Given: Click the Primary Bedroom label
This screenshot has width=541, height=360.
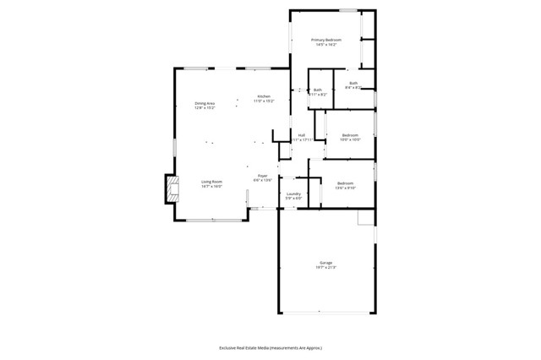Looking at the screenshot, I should pos(325,40).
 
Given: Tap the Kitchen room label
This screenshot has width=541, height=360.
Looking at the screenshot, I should pos(264,96).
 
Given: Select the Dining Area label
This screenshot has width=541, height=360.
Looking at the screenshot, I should pos(205,103).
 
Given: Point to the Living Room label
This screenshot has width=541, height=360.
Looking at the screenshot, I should pos(211,181).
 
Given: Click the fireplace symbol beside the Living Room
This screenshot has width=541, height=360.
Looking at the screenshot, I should pos(172,188).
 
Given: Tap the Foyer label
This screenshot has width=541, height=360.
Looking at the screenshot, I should pos(263,176).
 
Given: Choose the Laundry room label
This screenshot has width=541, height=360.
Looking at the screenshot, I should pos(293,194).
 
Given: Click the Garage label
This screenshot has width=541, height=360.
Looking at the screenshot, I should pos(325,262).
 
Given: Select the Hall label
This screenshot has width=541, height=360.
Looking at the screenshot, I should pos(300,135).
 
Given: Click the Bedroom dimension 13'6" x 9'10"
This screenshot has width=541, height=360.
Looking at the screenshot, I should pos(345,188).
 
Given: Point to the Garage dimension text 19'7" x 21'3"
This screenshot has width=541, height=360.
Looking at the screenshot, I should pos(325,267).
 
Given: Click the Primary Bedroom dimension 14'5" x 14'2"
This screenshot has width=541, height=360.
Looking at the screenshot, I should pos(325,45).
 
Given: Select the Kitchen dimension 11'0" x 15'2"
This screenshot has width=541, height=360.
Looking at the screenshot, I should pos(264,101).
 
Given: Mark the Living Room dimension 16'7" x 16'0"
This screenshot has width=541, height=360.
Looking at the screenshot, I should pos(211,186).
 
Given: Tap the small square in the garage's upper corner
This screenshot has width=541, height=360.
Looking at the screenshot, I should pos(365,219).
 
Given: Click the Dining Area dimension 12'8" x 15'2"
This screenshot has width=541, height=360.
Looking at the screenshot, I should pos(205,108).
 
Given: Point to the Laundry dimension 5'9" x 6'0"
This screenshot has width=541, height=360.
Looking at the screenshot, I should pos(293,199).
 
